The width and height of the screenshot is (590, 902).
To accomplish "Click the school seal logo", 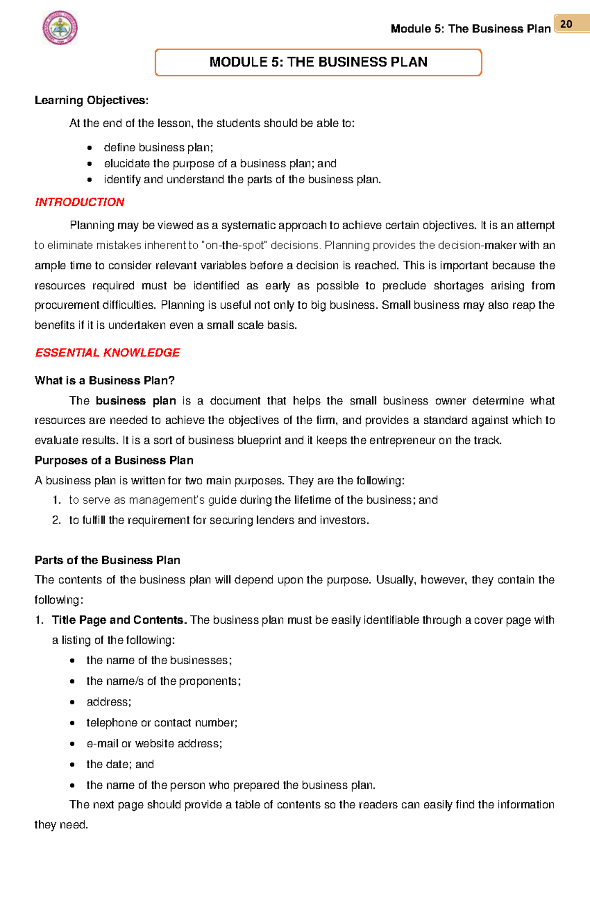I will tap(60, 28).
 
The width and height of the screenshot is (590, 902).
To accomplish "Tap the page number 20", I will tap(566, 24).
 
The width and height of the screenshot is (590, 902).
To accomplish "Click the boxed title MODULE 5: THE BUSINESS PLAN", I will tap(318, 62).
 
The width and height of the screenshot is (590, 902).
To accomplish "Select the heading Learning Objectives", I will tap(91, 100).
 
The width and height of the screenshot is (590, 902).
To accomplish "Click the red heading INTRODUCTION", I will tap(79, 202).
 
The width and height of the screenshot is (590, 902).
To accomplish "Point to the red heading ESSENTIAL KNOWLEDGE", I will tap(107, 352).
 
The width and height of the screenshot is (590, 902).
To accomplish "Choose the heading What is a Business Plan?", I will tap(105, 380).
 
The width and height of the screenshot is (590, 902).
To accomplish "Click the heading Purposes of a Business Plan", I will tap(114, 460).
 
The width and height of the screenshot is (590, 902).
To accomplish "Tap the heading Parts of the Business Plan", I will tap(107, 560).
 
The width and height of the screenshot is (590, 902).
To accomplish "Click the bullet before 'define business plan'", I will tap(89, 148).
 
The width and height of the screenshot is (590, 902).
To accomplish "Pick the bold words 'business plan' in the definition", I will tap(136, 401).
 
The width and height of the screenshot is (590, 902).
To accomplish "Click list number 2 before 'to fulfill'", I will tap(57, 520).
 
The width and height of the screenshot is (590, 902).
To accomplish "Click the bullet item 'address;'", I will tap(109, 702).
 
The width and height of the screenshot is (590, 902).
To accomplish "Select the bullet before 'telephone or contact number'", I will tap(72, 723).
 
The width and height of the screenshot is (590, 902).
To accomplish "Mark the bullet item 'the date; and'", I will tap(120, 764).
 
